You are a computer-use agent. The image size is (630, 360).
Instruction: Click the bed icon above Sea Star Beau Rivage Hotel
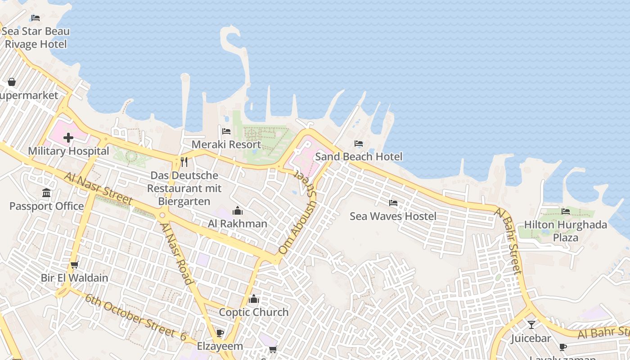(x=36, y=18)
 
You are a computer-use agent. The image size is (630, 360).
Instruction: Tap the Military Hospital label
(x=68, y=151)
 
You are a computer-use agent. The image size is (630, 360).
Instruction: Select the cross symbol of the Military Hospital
(x=68, y=138)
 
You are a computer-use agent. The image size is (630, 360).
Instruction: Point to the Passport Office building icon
(x=46, y=193)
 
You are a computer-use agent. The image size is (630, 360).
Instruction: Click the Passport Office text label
(x=47, y=206)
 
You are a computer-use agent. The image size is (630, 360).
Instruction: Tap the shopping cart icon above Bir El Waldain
(x=75, y=265)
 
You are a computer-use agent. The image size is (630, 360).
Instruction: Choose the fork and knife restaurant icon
(x=184, y=162)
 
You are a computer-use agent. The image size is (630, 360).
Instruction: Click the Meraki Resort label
(x=226, y=144)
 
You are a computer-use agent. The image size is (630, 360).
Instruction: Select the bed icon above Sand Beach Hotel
(x=359, y=144)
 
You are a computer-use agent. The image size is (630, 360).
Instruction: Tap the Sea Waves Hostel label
(x=393, y=216)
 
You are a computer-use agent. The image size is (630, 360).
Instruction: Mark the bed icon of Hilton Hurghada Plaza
(x=566, y=211)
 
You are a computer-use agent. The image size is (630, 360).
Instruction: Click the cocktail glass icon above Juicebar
(x=531, y=324)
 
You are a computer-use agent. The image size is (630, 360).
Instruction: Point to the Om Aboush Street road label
(x=297, y=211)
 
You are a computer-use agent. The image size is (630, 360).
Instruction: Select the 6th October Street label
(x=135, y=317)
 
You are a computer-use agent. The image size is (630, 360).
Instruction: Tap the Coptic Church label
(x=254, y=312)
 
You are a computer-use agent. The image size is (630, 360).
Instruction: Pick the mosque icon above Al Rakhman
(x=238, y=211)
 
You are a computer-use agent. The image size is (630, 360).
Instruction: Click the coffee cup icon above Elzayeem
(x=220, y=333)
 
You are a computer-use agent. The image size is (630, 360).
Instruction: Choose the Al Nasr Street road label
(x=98, y=188)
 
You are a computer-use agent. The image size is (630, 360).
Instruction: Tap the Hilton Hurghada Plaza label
(x=566, y=231)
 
